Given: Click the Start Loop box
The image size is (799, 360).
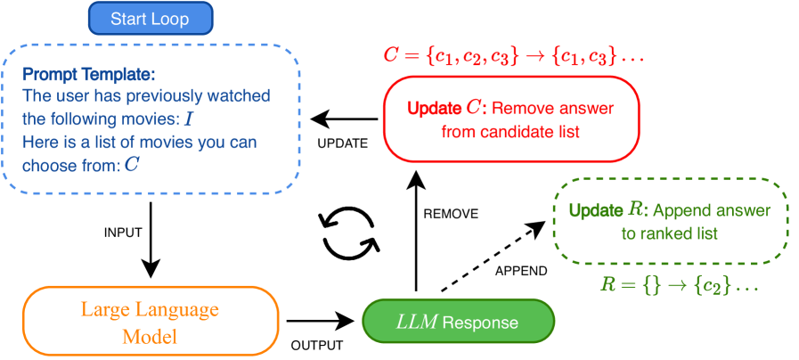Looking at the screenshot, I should pos(151,18).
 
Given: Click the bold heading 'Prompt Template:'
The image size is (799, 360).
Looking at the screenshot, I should pos(76,74).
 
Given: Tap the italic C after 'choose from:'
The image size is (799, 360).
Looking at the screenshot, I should pos(132,165).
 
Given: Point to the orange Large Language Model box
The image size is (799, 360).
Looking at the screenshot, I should pos(151,322).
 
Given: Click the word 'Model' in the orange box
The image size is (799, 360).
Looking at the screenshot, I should pos(150,336).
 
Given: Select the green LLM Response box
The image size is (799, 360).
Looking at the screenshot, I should pos(458,321).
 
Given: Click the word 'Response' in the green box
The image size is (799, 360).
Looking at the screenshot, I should pos(480,322).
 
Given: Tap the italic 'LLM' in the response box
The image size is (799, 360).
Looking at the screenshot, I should pos(417,321).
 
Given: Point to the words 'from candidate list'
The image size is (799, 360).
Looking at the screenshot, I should pos(510,132).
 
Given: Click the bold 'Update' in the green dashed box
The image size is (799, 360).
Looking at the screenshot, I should pos(596,210).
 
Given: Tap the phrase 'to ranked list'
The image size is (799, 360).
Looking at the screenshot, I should pos(669,233).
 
